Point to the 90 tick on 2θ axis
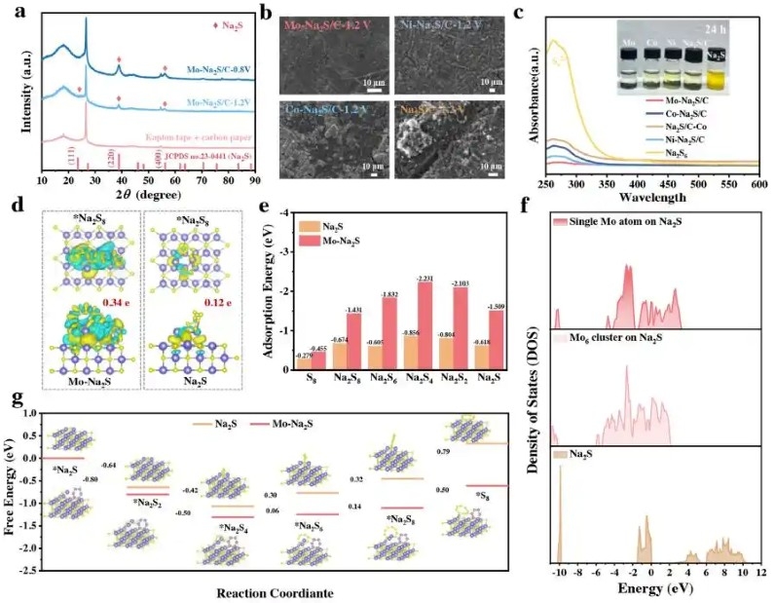[x=254, y=180]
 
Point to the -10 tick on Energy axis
[x=559, y=574]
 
